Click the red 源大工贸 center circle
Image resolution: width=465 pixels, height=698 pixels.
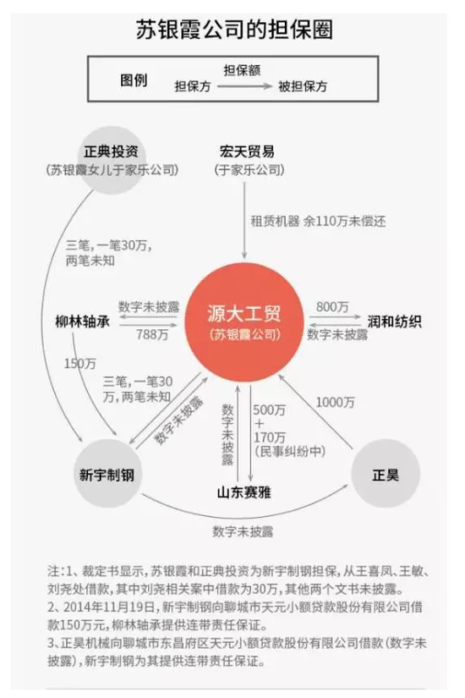click(244, 322)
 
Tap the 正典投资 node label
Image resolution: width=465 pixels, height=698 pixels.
click(112, 151)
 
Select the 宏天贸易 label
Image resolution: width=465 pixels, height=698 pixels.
click(247, 151)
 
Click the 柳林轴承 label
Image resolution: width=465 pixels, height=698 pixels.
click(82, 322)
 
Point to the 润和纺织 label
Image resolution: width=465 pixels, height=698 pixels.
click(394, 322)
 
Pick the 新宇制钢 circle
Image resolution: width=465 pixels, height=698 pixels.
click(107, 473)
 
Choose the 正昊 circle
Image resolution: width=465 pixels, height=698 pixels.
click(386, 474)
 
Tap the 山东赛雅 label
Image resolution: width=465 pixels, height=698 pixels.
click(243, 492)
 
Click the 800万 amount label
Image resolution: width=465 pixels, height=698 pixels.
click(332, 307)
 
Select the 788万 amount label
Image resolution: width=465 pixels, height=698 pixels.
click(153, 334)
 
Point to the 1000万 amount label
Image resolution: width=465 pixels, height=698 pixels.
click(336, 403)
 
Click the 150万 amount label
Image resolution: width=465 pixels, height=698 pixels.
click(80, 364)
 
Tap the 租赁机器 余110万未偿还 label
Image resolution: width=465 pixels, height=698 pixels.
click(318, 221)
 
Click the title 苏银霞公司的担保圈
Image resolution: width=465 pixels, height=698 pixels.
click(234, 30)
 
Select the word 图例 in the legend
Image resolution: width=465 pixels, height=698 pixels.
click(134, 80)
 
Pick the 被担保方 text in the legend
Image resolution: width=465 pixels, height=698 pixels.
click(303, 86)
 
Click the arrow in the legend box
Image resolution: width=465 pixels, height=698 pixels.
click(244, 86)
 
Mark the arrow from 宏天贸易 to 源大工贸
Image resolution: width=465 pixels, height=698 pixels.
click(244, 220)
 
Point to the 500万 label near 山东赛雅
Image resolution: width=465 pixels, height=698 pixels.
click(269, 409)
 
